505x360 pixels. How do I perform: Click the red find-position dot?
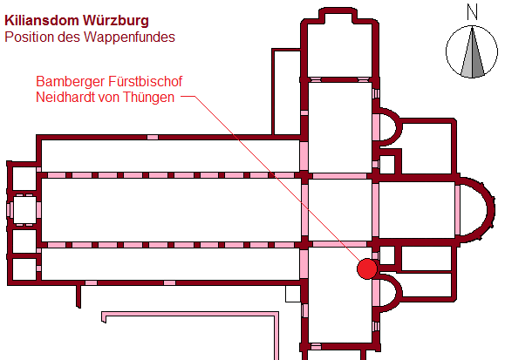coord(367,268)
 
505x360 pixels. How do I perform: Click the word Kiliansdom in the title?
coord(42,21)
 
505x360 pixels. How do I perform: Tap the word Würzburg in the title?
coord(116,21)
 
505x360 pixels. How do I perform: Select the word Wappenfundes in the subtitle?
coord(129,37)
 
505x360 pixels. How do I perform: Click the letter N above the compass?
coord(472,12)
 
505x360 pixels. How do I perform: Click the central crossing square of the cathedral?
coord(340,210)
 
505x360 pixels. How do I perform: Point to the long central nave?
coord(171,210)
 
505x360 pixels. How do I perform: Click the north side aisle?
coord(171,156)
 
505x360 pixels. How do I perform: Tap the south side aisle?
coord(171,264)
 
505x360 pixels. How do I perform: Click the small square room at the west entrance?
coord(24,210)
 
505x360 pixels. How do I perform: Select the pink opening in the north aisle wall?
coord(153,137)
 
